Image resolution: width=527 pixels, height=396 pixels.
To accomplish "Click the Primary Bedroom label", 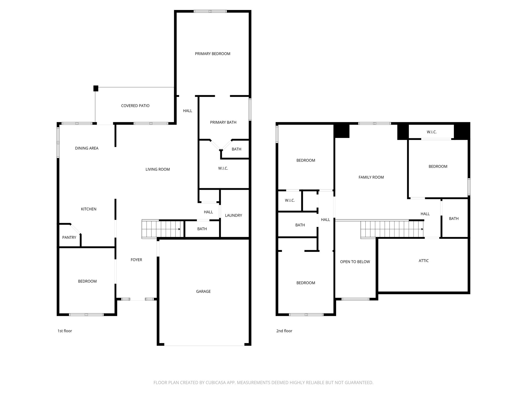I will pyautogui.click(x=213, y=54).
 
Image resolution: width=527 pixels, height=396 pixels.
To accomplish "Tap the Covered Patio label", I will pyautogui.click(x=135, y=106).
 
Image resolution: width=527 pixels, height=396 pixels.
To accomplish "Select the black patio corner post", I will pyautogui.click(x=96, y=88).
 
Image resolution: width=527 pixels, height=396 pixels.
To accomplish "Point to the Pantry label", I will pyautogui.click(x=69, y=237).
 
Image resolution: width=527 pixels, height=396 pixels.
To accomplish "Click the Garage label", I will pyautogui.click(x=203, y=291).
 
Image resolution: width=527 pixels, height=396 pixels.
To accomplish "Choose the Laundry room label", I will pyautogui.click(x=233, y=215).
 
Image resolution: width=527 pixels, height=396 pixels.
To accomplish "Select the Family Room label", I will pyautogui.click(x=371, y=177).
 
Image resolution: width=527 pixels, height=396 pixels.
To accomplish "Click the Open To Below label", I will pyautogui.click(x=355, y=262).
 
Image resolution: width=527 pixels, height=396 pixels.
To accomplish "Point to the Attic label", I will pyautogui.click(x=424, y=261).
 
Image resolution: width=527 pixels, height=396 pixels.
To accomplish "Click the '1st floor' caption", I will pyautogui.click(x=65, y=331).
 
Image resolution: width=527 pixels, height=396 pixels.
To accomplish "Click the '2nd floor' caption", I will pyautogui.click(x=284, y=331).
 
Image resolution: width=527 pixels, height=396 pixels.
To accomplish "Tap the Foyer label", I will pyautogui.click(x=136, y=260).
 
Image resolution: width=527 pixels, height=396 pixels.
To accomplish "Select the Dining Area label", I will pyautogui.click(x=87, y=148).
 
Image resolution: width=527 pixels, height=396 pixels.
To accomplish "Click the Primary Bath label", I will pyautogui.click(x=223, y=122).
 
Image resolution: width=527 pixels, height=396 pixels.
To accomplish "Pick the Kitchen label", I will pyautogui.click(x=89, y=209).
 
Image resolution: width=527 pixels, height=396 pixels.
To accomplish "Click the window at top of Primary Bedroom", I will pyautogui.click(x=210, y=11).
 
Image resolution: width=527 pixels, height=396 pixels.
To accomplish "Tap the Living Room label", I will pyautogui.click(x=157, y=169).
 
